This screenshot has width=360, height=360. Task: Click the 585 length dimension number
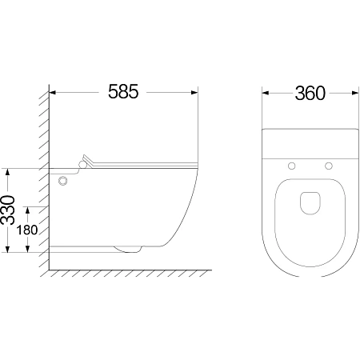coord(123,91)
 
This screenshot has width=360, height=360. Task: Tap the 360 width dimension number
coord(310,94)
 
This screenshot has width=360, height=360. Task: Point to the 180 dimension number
coord(27,230)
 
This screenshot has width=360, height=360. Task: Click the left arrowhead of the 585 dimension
coord(53,93)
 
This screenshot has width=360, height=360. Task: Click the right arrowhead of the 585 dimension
coord(194,93)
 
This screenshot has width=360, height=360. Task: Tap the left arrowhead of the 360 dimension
coord(265,93)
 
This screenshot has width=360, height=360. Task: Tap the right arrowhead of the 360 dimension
coord(355,93)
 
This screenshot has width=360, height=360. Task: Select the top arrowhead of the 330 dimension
coord(8,171)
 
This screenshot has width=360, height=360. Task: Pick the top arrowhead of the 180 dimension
coord(27,210)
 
